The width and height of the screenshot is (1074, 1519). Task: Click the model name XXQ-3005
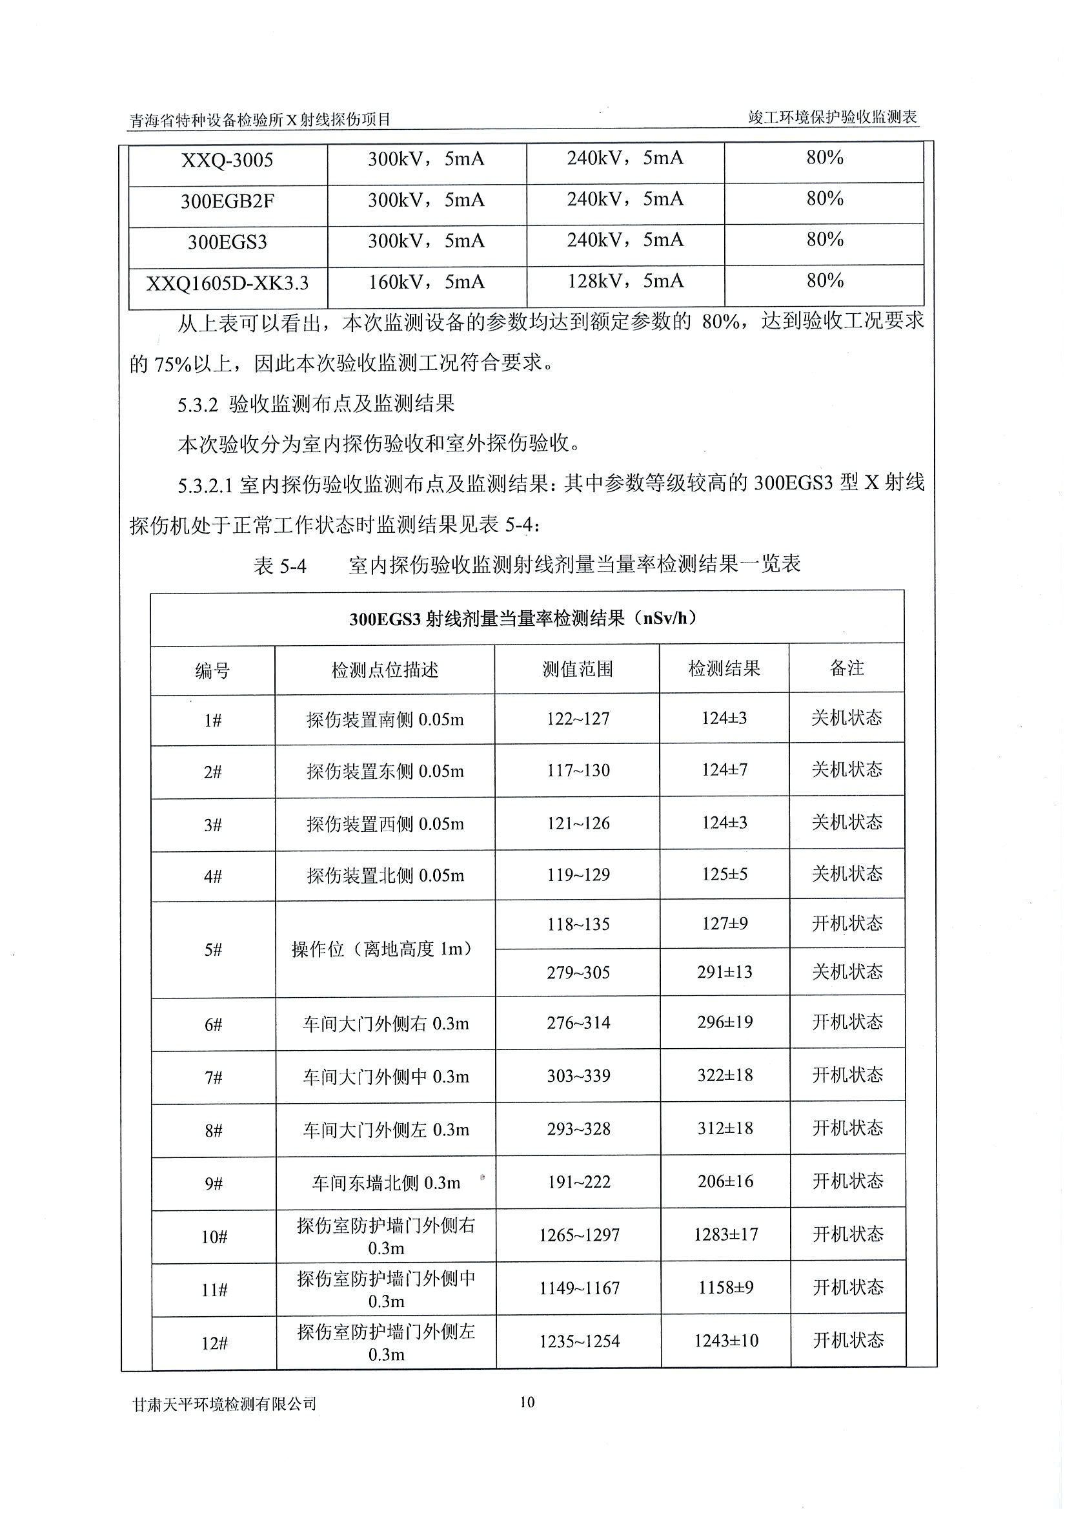227,160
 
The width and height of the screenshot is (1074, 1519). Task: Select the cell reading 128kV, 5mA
625,282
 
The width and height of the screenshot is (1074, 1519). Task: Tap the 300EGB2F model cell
227,201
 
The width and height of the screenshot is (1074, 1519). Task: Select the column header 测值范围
578,670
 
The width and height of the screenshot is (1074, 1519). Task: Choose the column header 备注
847,668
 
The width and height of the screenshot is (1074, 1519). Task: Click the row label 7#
213,1078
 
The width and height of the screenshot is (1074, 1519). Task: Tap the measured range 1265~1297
579,1235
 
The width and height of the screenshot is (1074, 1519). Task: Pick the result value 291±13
725,972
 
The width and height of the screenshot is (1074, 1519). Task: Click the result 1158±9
725,1287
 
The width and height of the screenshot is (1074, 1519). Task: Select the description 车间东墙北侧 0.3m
385,1183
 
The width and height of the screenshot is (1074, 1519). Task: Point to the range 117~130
578,770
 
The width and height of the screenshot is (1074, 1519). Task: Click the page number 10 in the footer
527,1402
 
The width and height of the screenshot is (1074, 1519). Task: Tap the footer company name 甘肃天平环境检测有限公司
224,1404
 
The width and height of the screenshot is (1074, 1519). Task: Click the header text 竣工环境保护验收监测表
833,118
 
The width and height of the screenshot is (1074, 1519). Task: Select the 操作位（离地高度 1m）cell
384,949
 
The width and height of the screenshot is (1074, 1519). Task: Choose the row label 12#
214,1344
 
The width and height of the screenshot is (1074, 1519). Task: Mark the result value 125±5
724,874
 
